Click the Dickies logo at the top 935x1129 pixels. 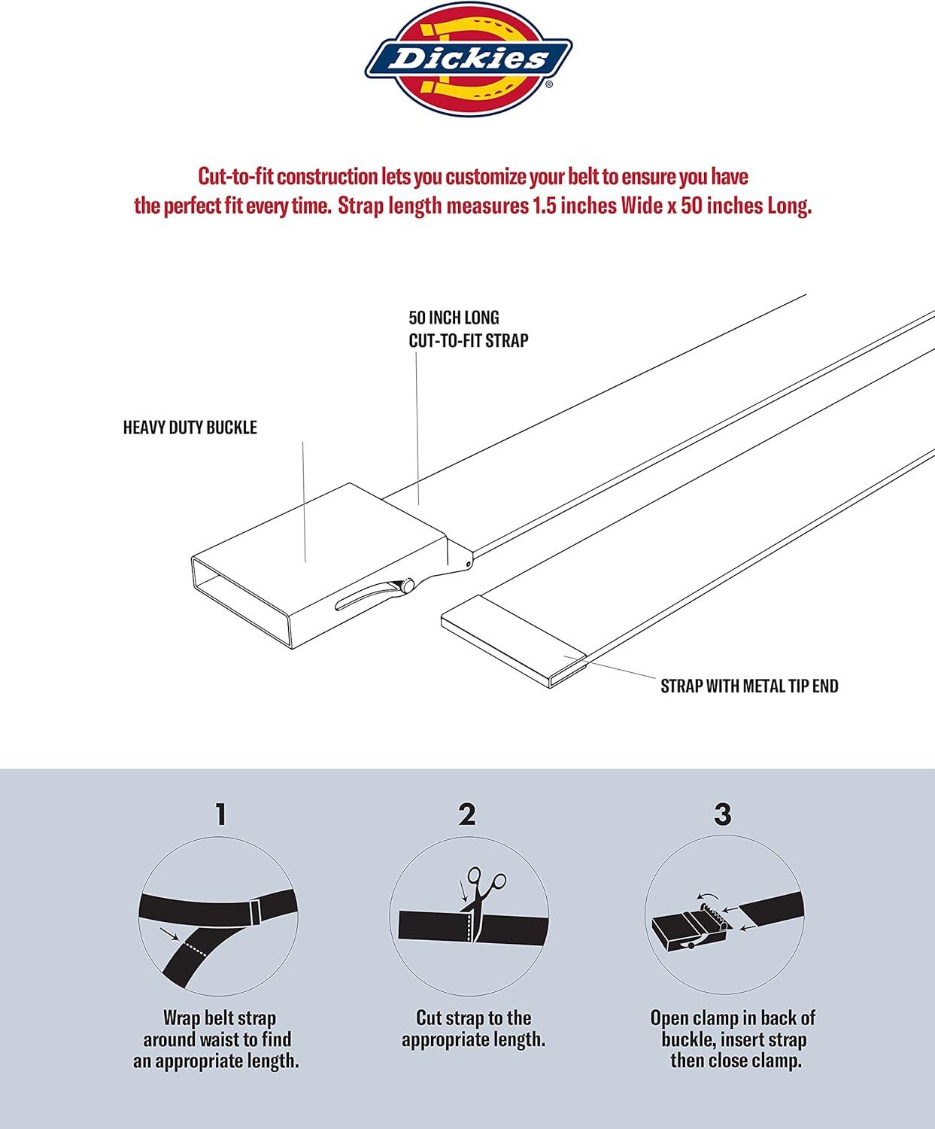click(x=468, y=59)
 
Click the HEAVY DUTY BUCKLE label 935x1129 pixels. click(x=190, y=428)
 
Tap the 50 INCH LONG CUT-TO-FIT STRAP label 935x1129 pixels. click(x=468, y=329)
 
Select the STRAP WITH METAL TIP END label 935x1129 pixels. click(x=749, y=686)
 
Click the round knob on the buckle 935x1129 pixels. click(x=406, y=586)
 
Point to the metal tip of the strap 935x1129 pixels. click(x=514, y=641)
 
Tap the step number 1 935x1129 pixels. click(x=220, y=814)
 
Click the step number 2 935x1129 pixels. click(x=467, y=814)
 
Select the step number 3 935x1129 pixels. click(x=723, y=814)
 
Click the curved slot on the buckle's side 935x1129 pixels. click(x=368, y=596)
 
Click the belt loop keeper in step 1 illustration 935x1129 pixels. click(x=256, y=911)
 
